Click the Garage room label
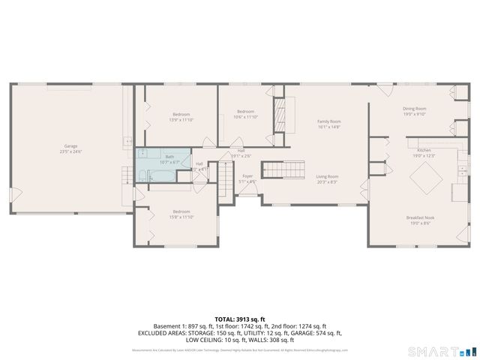(70, 145)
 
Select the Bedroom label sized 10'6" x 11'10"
(245, 111)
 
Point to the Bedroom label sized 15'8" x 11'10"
(181, 211)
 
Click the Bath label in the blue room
(169, 156)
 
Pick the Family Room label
(328, 121)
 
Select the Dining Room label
(414, 109)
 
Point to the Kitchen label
(424, 150)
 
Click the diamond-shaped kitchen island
(424, 178)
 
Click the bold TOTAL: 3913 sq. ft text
(240, 319)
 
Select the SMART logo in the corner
(442, 351)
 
